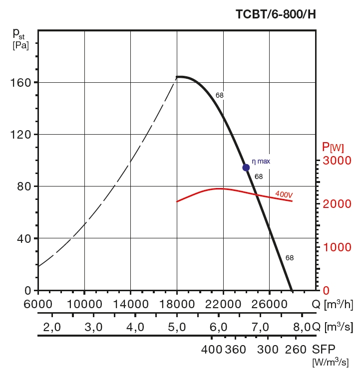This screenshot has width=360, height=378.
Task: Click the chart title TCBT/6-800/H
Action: pos(276,14)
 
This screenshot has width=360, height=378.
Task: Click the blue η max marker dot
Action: pos(246,168)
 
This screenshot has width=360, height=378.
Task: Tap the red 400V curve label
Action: pos(284,193)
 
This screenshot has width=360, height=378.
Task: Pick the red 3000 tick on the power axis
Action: pos(337,161)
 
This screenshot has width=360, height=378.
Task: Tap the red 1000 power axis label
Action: pos(337,247)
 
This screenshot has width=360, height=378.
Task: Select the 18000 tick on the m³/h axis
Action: pos(177,304)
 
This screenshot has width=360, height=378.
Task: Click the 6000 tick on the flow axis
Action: pos(38,304)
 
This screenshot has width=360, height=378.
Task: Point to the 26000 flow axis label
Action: pos(270,304)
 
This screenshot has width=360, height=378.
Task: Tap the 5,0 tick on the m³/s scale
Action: pos(177,327)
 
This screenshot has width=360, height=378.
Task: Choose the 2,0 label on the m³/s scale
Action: pos(51,327)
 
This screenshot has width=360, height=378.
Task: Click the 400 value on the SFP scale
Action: pos(211,349)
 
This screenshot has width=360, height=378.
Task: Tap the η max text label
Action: pos(261,162)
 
